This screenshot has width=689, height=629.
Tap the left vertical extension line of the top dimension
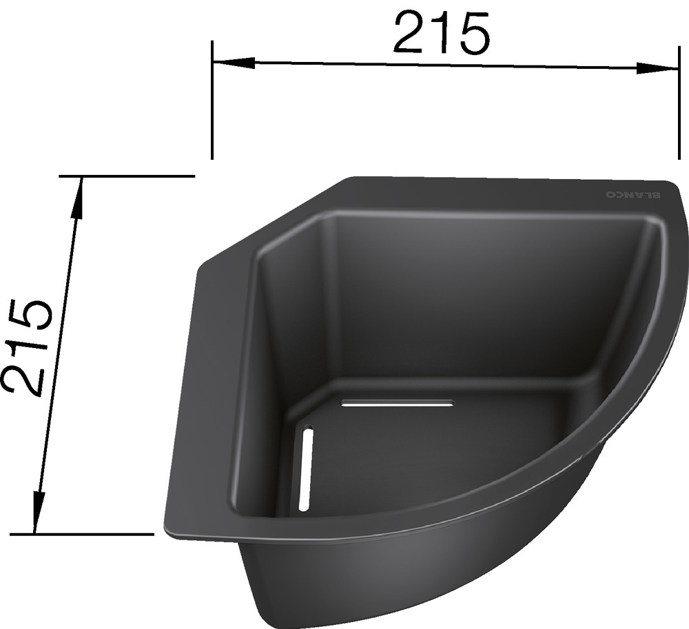pyautogui.click(x=212, y=100)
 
